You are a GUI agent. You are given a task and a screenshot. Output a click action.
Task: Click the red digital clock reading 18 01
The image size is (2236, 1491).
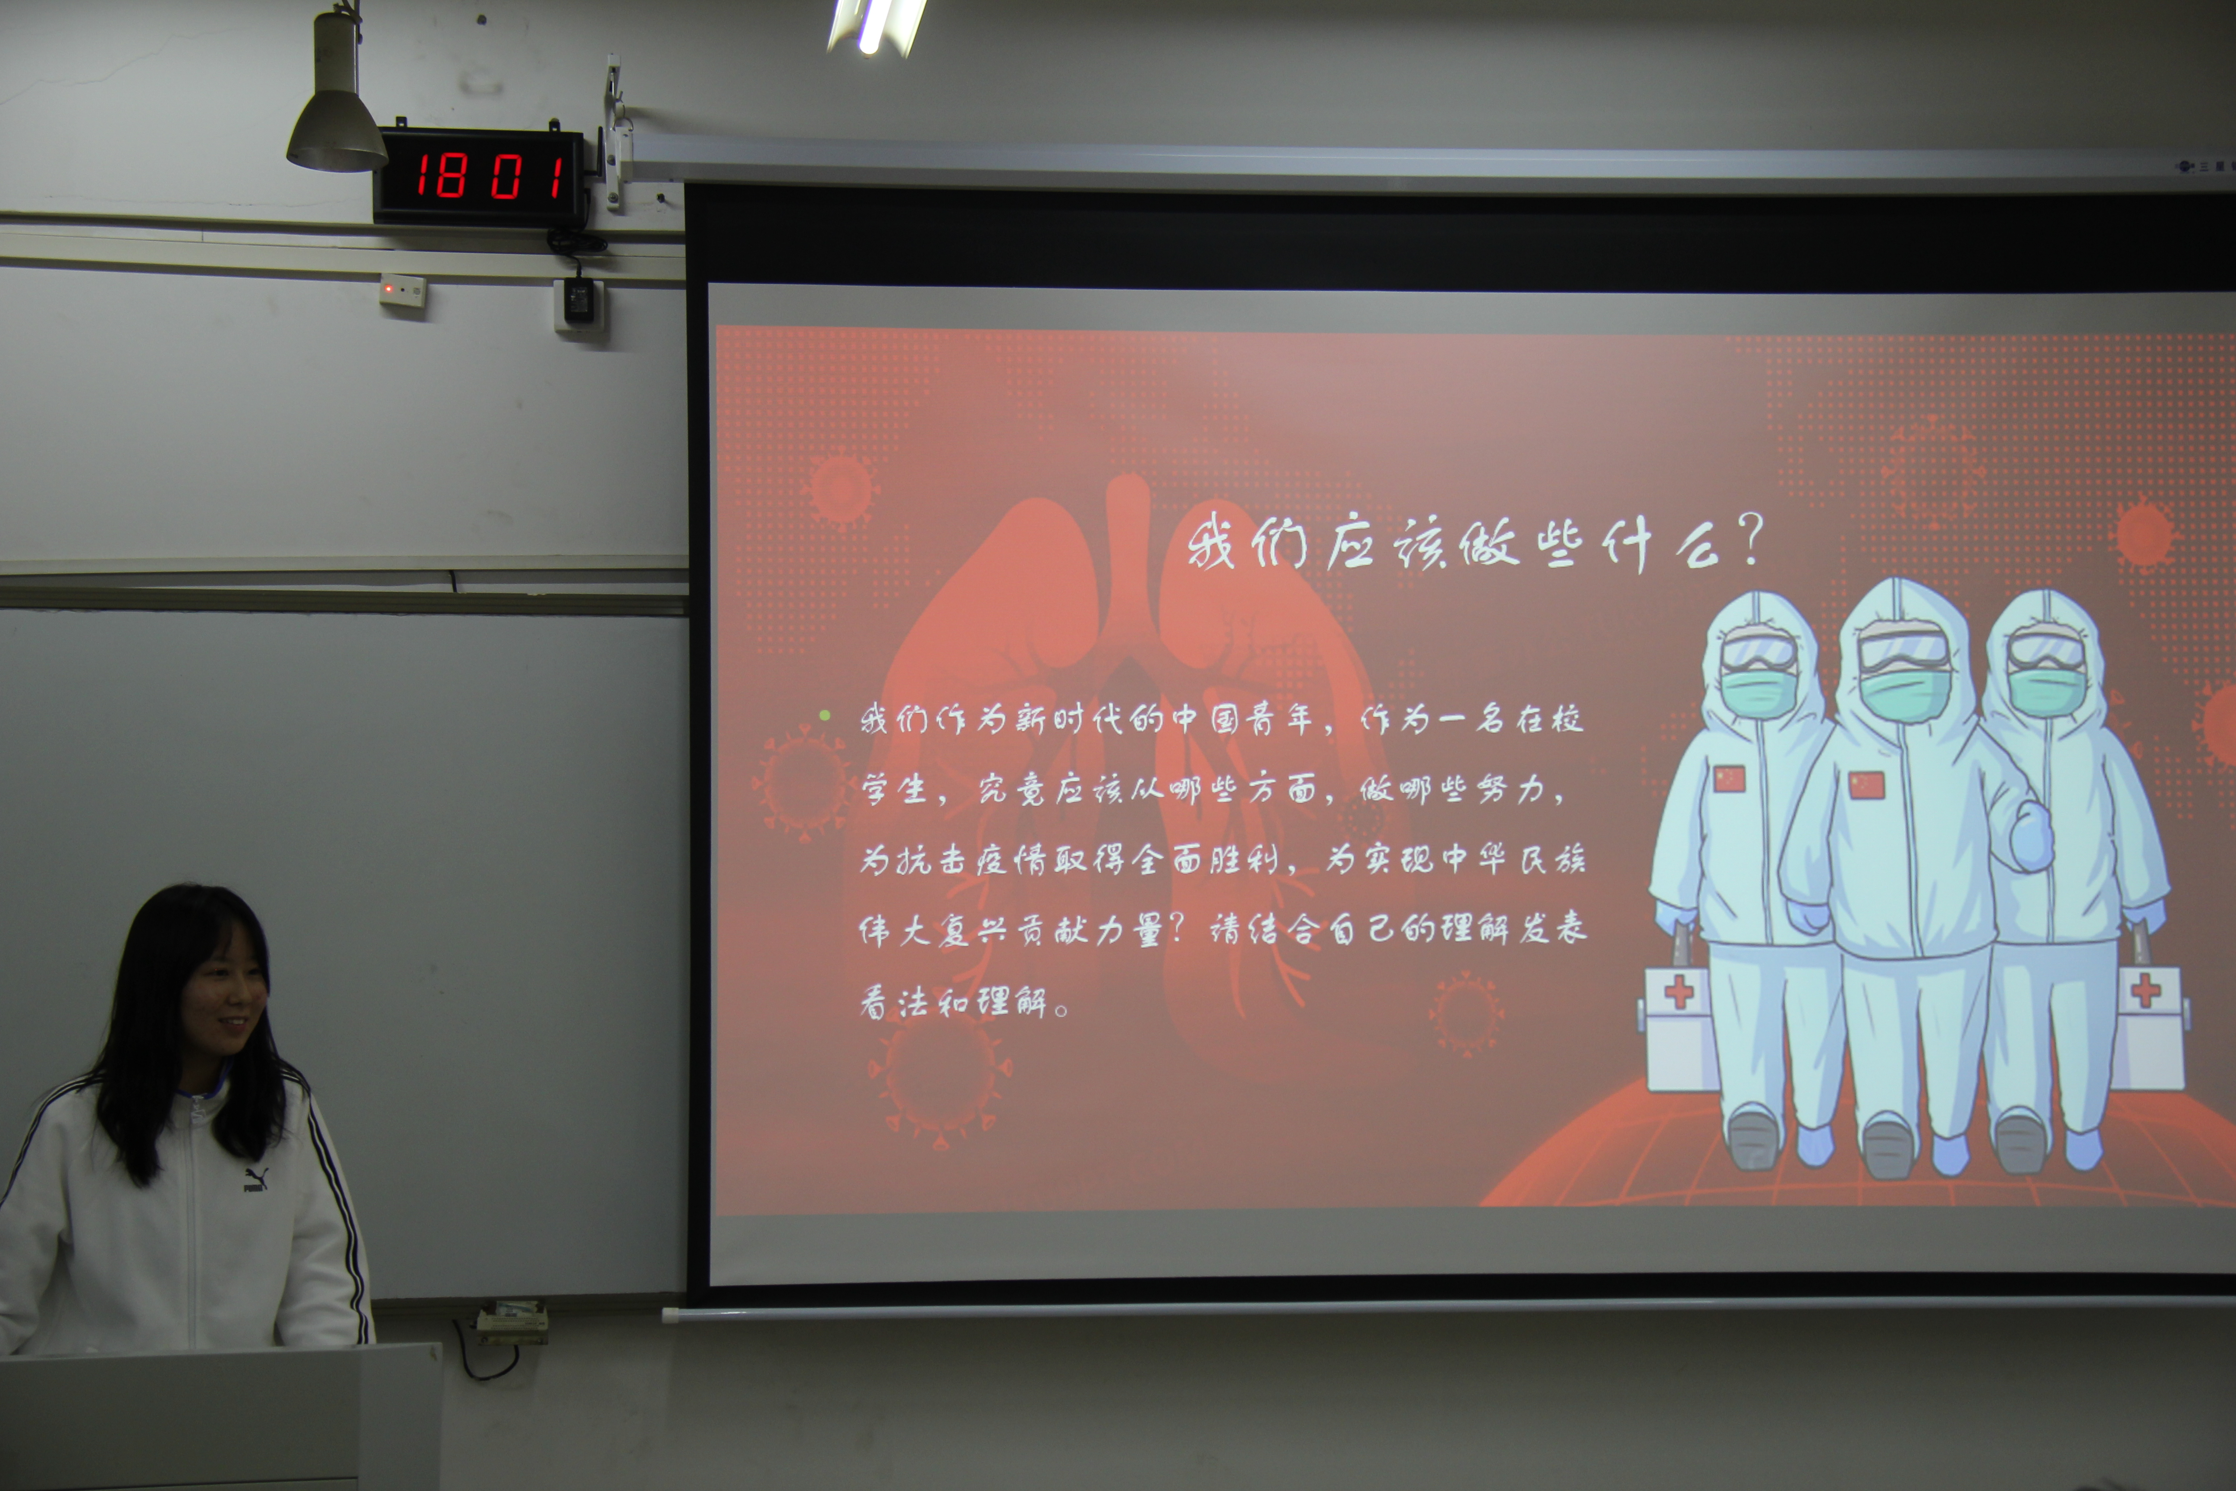(x=480, y=176)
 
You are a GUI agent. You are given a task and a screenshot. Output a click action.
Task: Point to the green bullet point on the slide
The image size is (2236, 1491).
(x=824, y=715)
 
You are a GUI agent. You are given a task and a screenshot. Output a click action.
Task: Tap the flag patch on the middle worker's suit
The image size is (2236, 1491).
(x=1866, y=786)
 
